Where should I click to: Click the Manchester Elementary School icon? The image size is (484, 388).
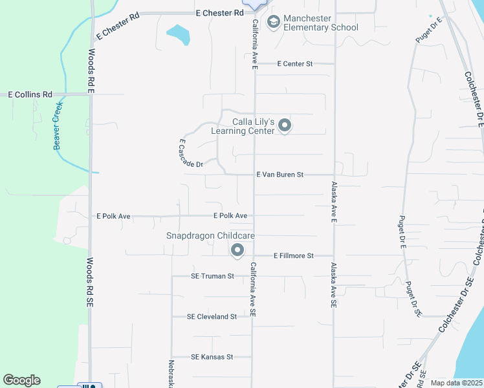(274, 23)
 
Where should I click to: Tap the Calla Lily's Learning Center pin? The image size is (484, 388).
(285, 126)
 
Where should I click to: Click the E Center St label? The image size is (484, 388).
(294, 64)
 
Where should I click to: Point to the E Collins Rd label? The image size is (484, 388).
(30, 94)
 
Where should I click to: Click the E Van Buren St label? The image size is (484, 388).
(280, 175)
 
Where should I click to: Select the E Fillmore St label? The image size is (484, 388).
(293, 256)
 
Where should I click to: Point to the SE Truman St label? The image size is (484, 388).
(212, 276)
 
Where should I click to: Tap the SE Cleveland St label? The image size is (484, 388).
(212, 317)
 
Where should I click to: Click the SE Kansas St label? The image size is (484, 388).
(212, 357)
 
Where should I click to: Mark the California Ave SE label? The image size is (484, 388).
(254, 289)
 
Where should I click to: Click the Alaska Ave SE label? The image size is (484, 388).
(334, 285)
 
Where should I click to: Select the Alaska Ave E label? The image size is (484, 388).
(334, 203)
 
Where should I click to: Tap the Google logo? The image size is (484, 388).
(21, 380)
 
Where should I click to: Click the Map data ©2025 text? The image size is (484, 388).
(456, 383)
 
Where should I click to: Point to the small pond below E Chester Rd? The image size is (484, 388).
(179, 35)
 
